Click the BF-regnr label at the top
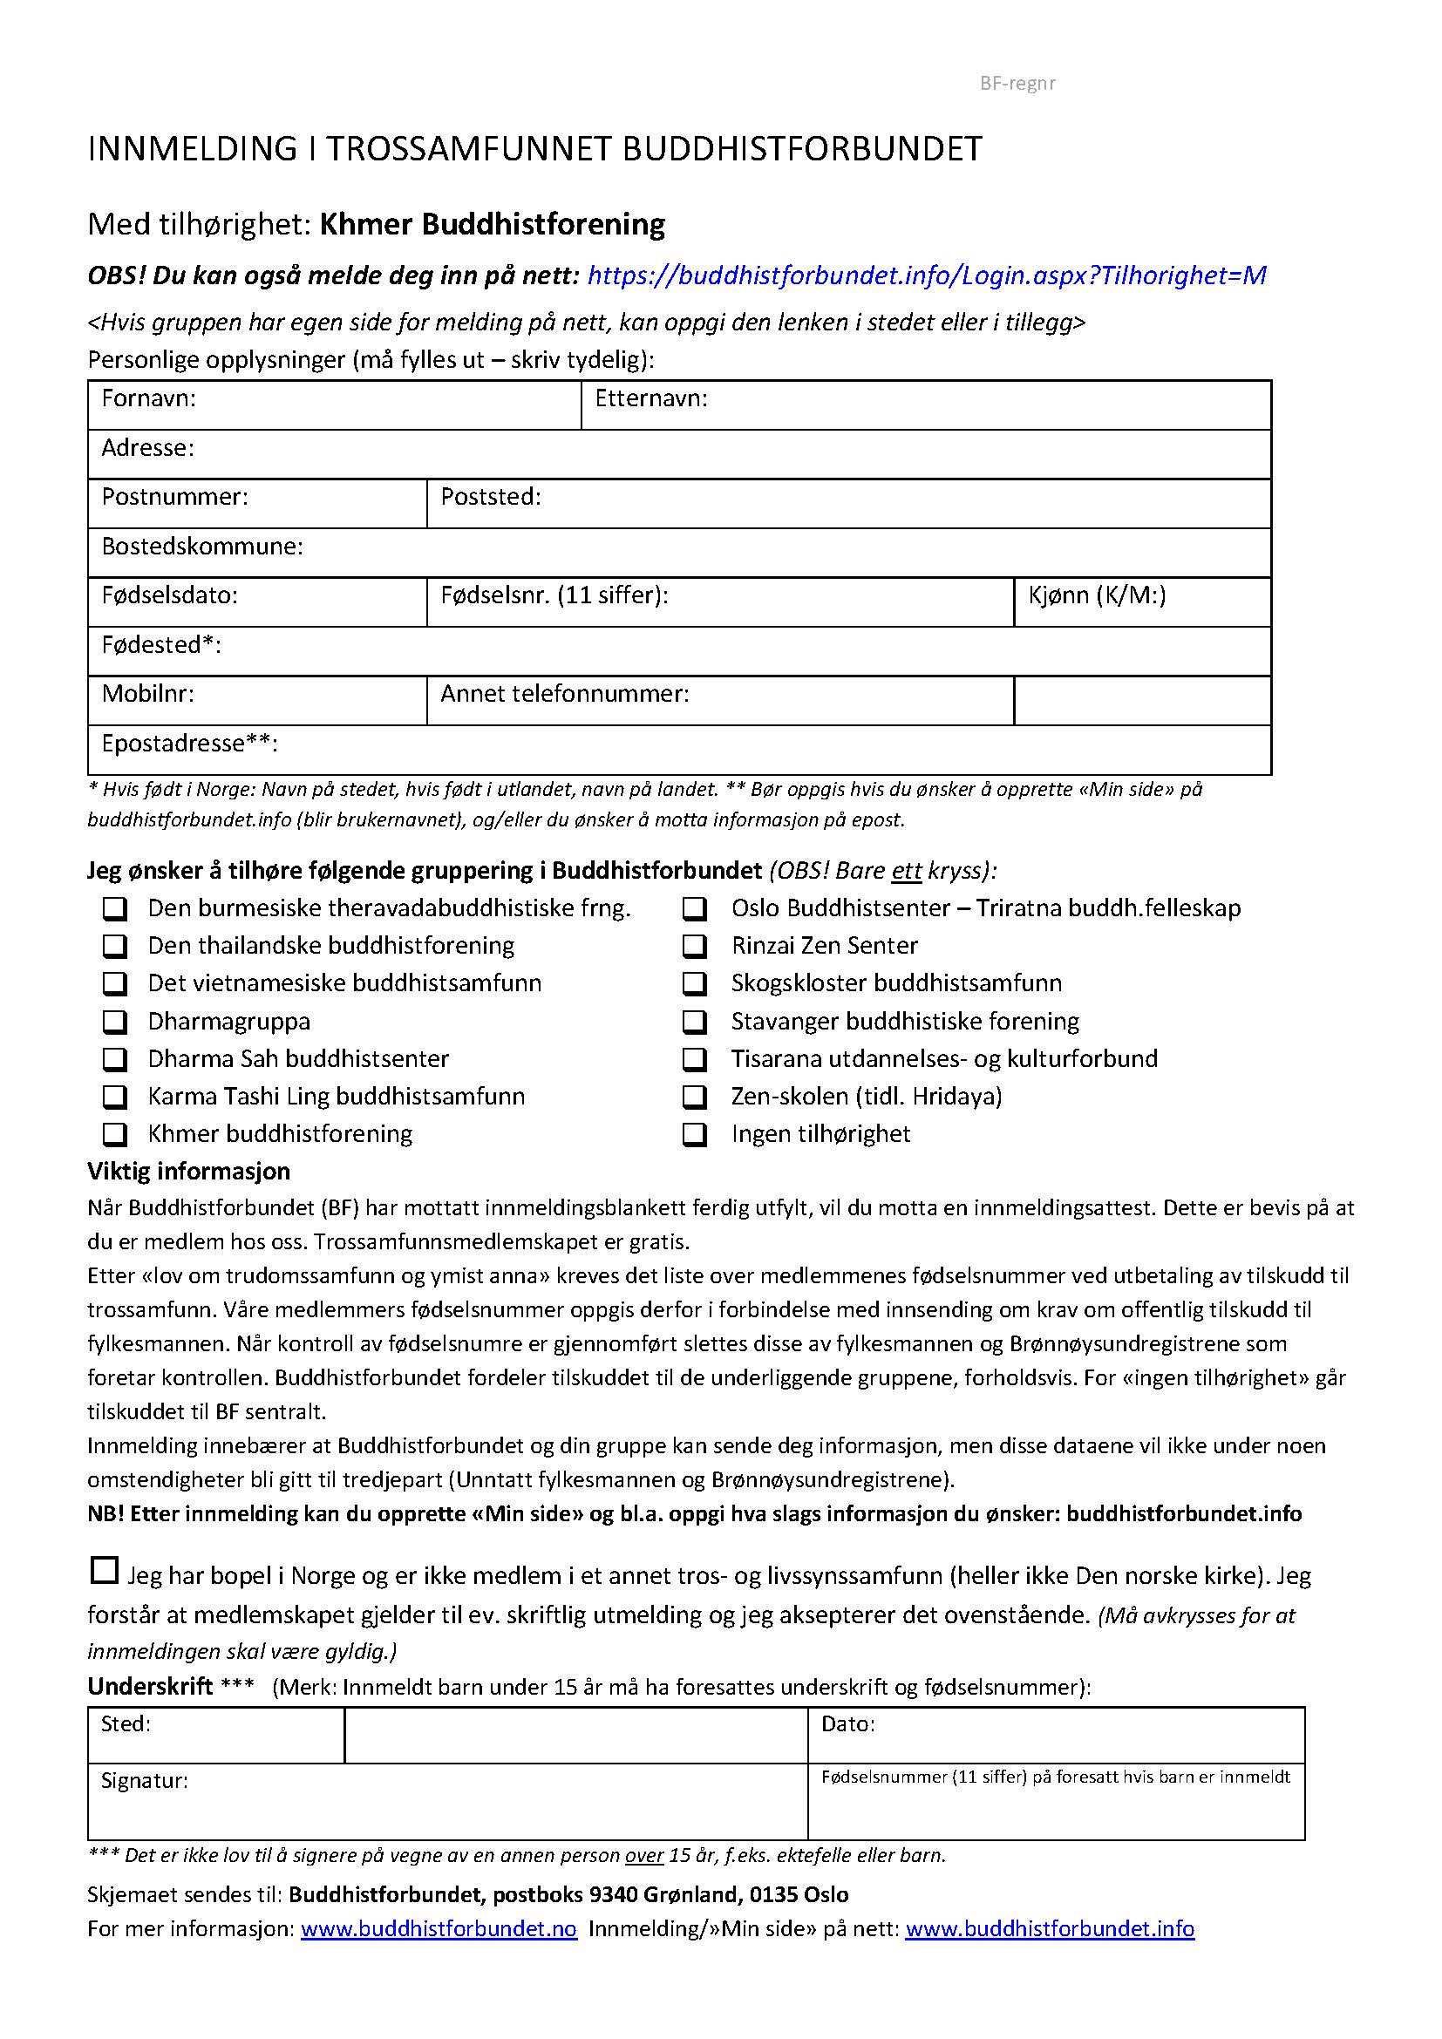tap(1017, 84)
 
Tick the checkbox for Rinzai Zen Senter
tap(694, 946)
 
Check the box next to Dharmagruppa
tap(114, 1023)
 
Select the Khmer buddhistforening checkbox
tap(114, 1135)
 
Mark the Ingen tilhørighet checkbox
tap(694, 1135)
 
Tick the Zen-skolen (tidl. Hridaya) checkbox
tap(694, 1098)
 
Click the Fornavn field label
tap(148, 398)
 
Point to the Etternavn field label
tap(651, 398)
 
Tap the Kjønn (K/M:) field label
tap(1097, 595)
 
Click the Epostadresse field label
tap(189, 744)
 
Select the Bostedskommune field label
tap(201, 547)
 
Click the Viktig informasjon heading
tap(188, 1172)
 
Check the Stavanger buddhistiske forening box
tap(694, 1023)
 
